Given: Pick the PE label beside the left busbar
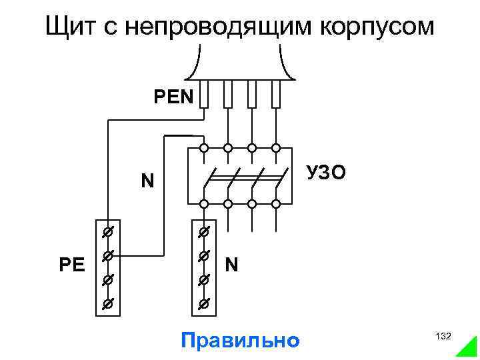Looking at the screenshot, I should pyautogui.click(x=71, y=265).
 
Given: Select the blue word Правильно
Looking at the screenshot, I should pyautogui.click(x=240, y=340).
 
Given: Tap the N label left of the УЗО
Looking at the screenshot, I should pyautogui.click(x=147, y=181).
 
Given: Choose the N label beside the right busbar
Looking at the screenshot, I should pyautogui.click(x=232, y=265).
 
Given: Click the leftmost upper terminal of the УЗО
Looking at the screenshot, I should pyautogui.click(x=204, y=148).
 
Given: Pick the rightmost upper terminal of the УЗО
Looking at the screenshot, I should pyautogui.click(x=275, y=148).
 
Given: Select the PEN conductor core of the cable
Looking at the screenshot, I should pyautogui.click(x=204, y=95).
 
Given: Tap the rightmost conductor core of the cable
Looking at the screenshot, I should pyautogui.click(x=275, y=95).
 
